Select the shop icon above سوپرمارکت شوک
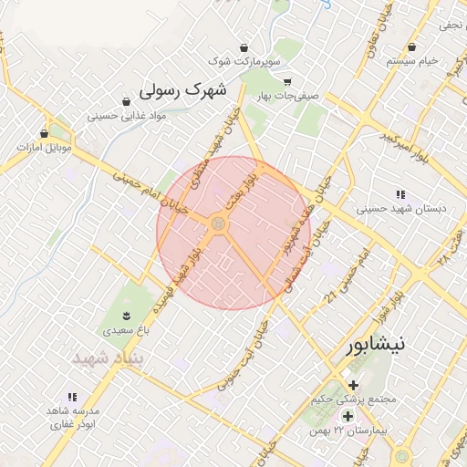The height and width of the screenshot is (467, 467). (244, 47)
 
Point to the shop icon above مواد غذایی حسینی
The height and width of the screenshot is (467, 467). (125, 101)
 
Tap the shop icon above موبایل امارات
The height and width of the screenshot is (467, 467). (44, 133)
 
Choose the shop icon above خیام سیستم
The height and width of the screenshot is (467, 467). (412, 47)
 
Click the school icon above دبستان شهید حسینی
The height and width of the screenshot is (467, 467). (400, 193)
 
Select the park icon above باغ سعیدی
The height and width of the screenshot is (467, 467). (139, 315)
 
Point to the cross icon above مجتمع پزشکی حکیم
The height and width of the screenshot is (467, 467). (353, 385)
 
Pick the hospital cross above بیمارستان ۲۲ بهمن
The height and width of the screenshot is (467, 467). (348, 416)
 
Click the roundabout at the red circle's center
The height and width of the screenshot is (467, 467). (219, 223)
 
